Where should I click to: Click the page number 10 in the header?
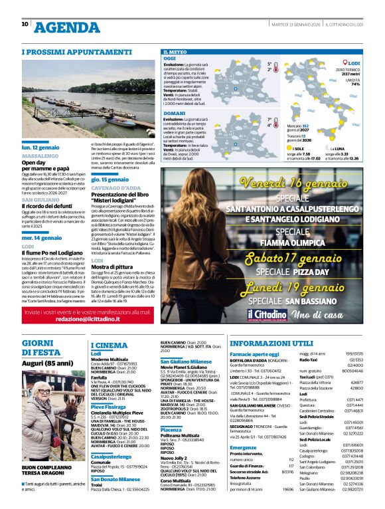25,24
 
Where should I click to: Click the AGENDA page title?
66,27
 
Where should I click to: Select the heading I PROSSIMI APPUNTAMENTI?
68,51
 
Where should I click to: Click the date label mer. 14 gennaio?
42,237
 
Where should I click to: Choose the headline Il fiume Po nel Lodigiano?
52,253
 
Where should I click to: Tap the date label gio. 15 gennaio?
110,179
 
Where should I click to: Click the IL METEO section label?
175,51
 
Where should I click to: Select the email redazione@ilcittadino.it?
89,320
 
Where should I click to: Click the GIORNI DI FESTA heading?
42,348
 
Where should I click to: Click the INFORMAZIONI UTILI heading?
270,343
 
